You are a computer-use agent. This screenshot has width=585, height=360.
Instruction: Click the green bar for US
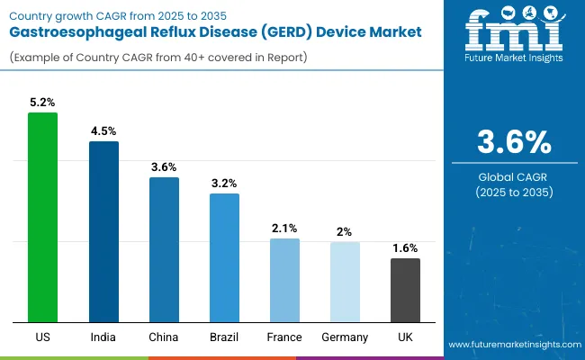(42, 217)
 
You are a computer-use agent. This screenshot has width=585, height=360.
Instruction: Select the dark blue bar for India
(103, 231)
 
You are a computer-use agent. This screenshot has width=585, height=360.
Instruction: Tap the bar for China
(164, 249)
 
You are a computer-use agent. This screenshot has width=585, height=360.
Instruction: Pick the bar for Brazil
(224, 257)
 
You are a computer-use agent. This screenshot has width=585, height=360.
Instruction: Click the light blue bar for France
(284, 280)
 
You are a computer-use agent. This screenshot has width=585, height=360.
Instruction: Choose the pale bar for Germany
(345, 282)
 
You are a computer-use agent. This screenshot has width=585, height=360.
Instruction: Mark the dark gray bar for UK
(405, 290)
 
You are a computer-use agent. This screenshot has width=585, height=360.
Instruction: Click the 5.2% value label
(42, 102)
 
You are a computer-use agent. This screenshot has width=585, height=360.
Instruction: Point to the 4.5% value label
(103, 130)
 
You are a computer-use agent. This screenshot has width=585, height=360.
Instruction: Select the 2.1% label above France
(284, 228)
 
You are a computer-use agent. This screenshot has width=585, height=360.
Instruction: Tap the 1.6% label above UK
(405, 247)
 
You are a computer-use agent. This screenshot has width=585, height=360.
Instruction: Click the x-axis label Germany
(345, 337)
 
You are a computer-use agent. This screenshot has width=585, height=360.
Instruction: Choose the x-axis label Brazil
(224, 337)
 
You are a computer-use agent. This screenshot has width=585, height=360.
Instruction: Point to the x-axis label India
(103, 337)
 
